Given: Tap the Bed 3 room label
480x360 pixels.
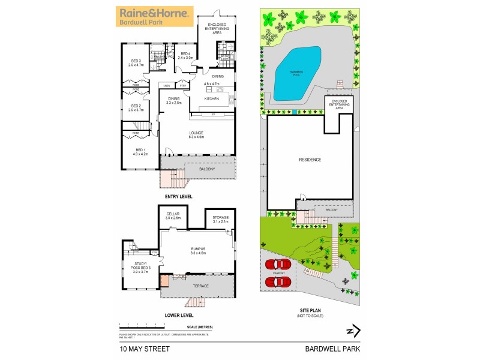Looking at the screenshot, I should [136, 62].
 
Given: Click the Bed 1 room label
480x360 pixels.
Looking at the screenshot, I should [139, 151].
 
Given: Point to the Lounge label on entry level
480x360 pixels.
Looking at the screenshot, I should [197, 135].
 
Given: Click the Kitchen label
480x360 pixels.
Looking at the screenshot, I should [212, 98].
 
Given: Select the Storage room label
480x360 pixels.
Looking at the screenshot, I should [221, 220].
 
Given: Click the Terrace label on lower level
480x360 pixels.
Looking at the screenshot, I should [200, 286].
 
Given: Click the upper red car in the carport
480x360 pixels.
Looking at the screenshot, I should [278, 263].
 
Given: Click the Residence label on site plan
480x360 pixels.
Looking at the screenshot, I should [310, 160].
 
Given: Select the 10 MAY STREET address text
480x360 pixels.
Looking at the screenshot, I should [144, 348].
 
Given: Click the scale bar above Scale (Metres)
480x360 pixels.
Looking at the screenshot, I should [156, 324].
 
